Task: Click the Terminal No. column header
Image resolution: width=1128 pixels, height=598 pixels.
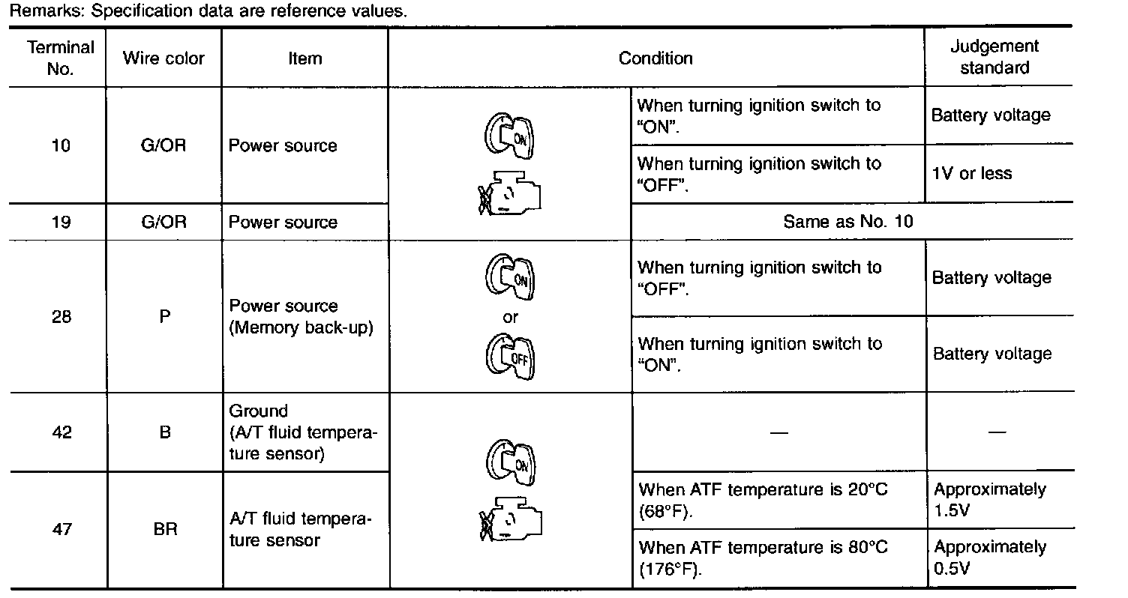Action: pos(61,58)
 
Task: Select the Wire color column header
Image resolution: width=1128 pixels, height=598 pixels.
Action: pos(164,58)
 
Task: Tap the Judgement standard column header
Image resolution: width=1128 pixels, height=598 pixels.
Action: pos(994,57)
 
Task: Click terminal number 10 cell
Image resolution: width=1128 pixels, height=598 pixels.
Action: pos(61,145)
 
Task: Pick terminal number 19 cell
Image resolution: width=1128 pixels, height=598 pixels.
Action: pos(61,222)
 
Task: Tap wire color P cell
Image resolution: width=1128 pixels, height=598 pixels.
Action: pos(164,316)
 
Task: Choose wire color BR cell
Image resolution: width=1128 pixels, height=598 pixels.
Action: pos(164,529)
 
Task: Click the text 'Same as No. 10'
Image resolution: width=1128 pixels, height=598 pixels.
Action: pos(848,222)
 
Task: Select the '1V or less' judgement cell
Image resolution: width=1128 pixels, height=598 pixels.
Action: pos(971,174)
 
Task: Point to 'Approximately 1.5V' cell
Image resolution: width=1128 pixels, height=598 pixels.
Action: pos(989,500)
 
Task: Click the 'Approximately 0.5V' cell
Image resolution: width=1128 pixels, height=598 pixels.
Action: pos(989,558)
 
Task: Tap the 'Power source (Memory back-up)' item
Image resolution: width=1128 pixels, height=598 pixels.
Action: pos(301,317)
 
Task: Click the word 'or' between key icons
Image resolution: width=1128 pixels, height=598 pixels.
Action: pos(510,318)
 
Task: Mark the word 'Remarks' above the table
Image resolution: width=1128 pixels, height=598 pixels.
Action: pos(37,12)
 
